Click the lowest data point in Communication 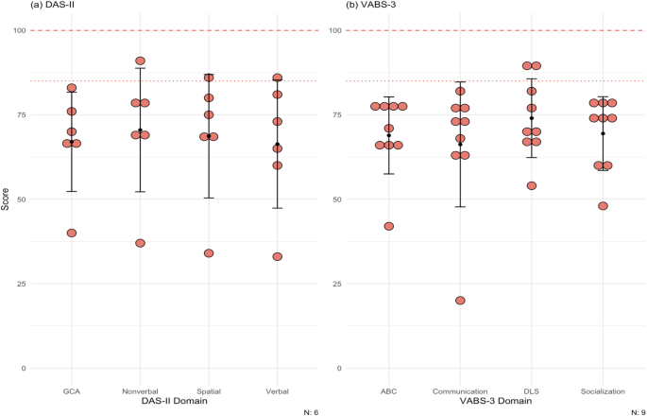pos(460,301)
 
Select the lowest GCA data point pos(72,233)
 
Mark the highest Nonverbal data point pos(140,61)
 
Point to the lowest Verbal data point pos(278,256)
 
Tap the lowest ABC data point pos(388,226)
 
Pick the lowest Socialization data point pos(603,206)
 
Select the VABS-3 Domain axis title pos(495,402)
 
